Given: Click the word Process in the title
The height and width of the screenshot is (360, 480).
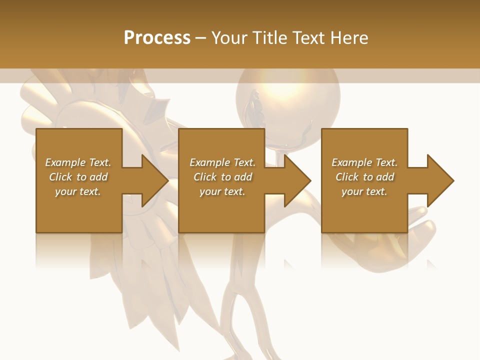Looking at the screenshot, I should (157, 38).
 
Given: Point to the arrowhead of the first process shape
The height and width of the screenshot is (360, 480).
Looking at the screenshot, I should (154, 180).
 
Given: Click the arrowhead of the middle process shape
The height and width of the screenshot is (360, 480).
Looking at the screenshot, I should (297, 180).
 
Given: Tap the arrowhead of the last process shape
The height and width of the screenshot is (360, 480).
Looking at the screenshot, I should (440, 180).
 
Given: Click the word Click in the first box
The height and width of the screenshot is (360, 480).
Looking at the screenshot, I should (61, 177).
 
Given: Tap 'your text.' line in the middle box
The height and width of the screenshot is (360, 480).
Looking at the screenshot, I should (222, 191).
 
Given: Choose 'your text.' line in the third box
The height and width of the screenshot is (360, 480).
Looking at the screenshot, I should (364, 191).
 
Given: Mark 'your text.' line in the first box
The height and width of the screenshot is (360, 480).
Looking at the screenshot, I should (77, 191).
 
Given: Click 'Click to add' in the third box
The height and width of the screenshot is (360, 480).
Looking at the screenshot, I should (364, 177).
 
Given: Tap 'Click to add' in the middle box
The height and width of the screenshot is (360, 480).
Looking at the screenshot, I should (222, 177).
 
